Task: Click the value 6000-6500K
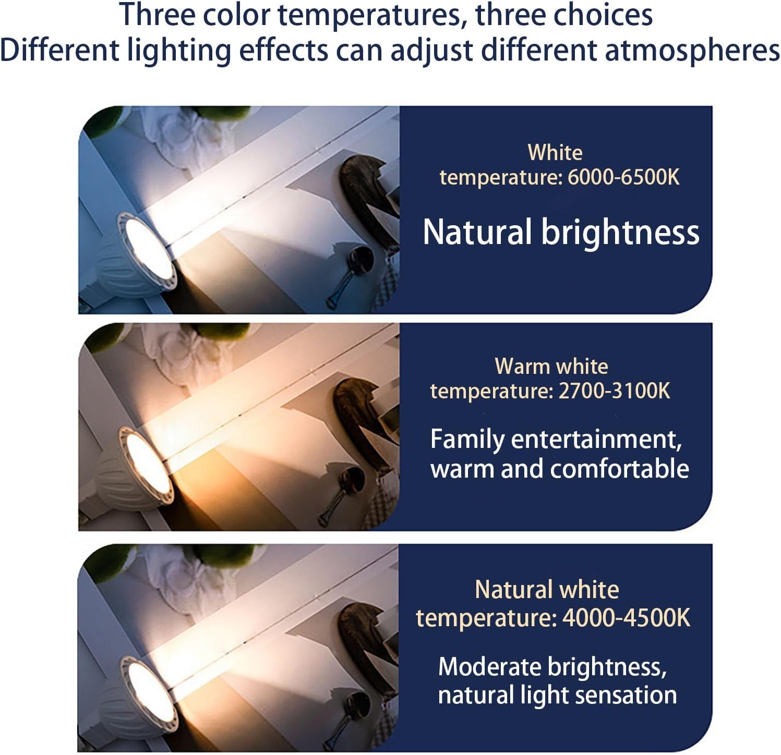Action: pos(623,177)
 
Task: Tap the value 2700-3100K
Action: pos(614,391)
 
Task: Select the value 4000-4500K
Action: pos(626,618)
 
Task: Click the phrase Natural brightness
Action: pos(561,232)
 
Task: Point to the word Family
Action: pos(467,440)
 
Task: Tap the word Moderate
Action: pos(490,667)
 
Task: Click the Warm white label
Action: pos(551,366)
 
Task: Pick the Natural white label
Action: pos(547,590)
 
